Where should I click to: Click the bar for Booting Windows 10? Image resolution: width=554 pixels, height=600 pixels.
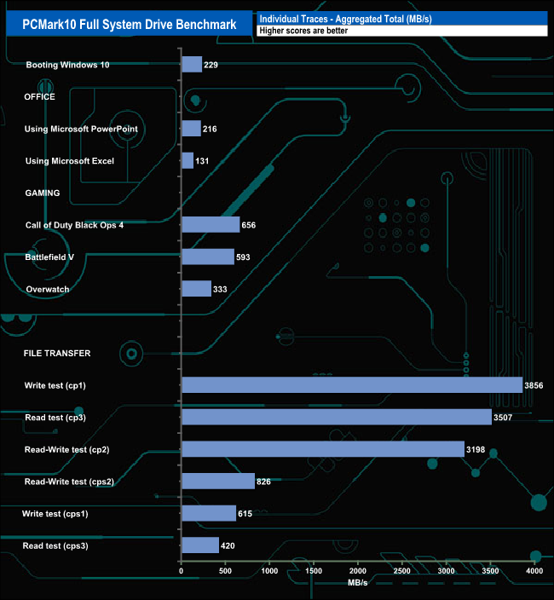[192, 65]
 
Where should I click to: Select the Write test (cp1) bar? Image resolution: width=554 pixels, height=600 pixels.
[352, 385]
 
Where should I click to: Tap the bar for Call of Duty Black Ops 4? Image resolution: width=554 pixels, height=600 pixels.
[211, 225]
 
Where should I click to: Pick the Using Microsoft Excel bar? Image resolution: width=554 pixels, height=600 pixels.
[188, 161]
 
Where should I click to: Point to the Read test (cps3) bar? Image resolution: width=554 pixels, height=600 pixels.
[200, 545]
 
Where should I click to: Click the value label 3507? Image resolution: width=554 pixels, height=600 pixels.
[505, 418]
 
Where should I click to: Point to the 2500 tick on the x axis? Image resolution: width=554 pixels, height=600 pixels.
[401, 570]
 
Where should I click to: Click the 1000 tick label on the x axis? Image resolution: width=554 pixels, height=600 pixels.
[269, 570]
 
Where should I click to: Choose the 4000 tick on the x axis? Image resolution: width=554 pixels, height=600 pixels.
[534, 570]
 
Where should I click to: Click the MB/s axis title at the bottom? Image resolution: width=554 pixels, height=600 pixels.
[358, 583]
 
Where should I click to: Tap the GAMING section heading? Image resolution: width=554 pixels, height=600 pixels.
[42, 193]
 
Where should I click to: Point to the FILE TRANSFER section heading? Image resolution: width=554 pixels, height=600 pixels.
[57, 353]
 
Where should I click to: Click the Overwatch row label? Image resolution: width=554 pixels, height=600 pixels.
[48, 289]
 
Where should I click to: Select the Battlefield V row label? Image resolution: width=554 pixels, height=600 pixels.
[53, 257]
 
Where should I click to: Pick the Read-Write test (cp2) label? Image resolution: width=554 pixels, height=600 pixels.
[68, 449]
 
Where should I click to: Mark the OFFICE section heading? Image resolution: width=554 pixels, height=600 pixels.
[40, 97]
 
